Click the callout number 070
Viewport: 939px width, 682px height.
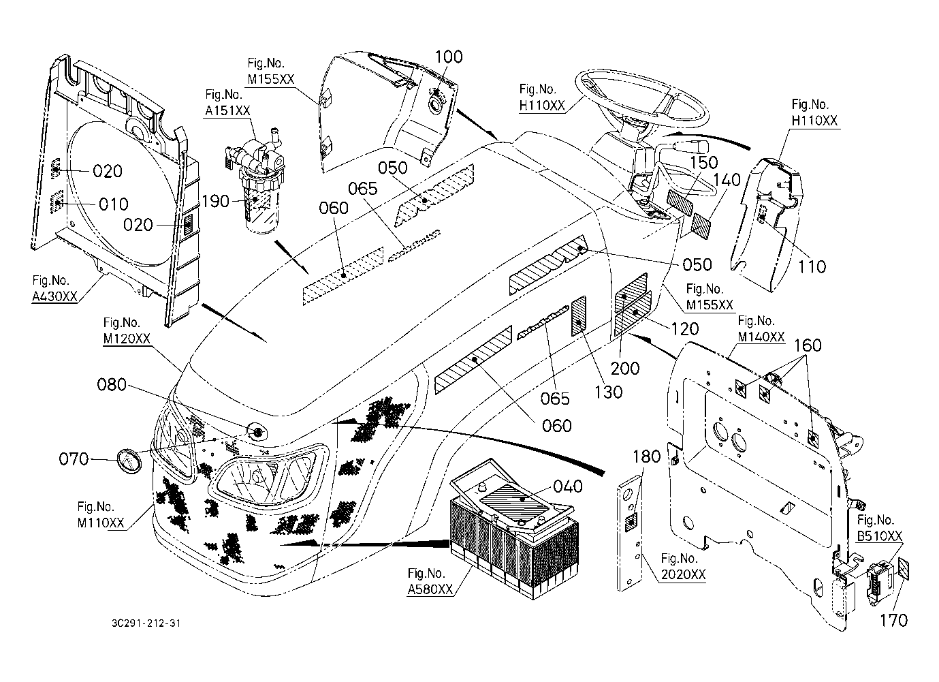(74, 459)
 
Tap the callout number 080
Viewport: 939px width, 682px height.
(112, 385)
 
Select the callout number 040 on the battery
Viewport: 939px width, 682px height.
(568, 486)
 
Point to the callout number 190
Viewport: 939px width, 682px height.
(215, 202)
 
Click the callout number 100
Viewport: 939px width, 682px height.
(448, 57)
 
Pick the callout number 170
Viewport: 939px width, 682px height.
(893, 620)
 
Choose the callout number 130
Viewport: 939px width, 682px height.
(608, 392)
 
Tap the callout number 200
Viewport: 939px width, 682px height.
(624, 369)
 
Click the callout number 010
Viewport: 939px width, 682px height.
(113, 204)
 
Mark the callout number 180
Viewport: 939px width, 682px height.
(647, 456)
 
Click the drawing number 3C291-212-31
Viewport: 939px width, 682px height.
(147, 623)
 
